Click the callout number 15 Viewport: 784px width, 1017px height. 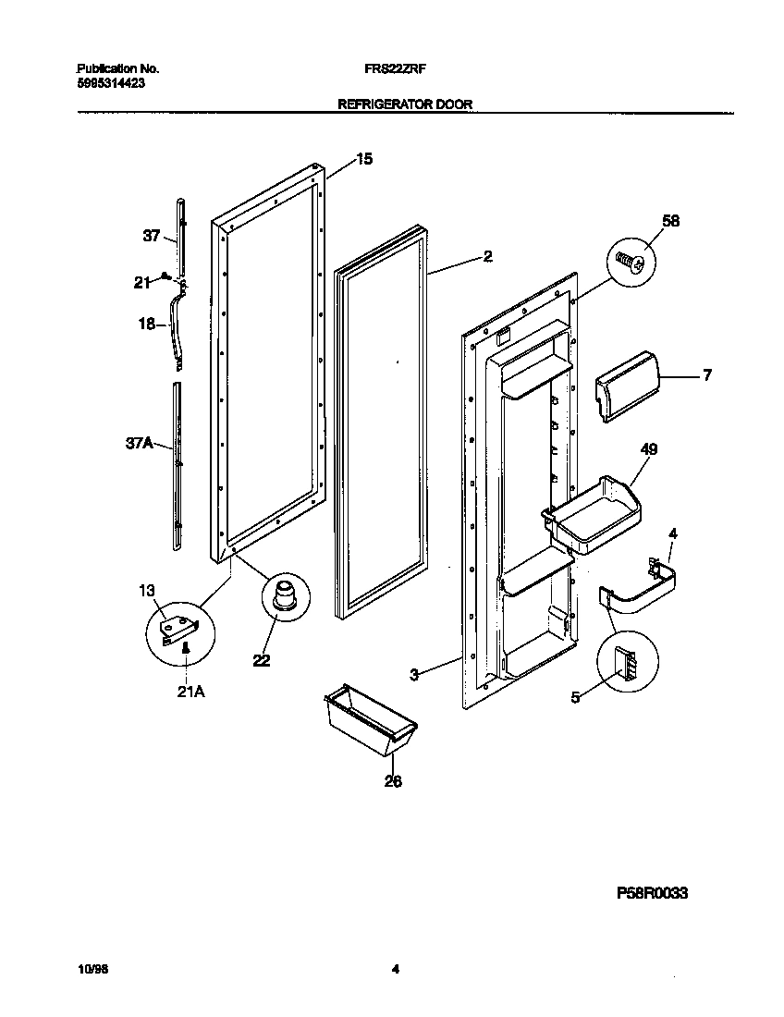tap(364, 159)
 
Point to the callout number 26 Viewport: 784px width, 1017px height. tap(394, 780)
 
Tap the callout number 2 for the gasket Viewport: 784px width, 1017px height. tap(487, 256)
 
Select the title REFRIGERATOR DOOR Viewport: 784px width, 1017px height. tap(405, 105)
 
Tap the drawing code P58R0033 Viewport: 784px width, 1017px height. tap(652, 894)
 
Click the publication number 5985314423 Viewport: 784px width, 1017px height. tap(109, 82)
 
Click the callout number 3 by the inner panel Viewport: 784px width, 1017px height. tap(416, 675)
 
